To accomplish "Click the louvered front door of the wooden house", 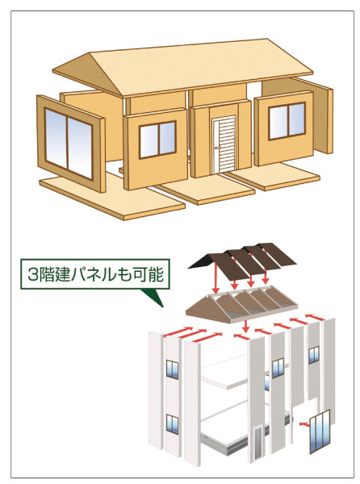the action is (x=224, y=144).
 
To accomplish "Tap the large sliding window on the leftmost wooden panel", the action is (x=69, y=144).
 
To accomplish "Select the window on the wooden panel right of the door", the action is (x=287, y=121).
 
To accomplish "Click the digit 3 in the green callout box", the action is (x=31, y=274).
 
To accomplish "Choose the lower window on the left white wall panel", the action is (x=172, y=425).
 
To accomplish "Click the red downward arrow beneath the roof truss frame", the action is (x=245, y=327).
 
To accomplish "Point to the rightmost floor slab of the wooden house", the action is (x=274, y=176).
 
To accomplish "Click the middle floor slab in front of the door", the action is (x=205, y=189).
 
